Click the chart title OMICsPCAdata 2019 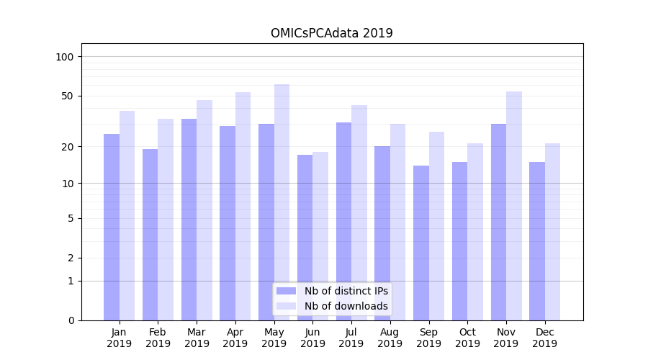coord(332,33)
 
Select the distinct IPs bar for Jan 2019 coord(112,227)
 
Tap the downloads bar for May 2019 coord(282,202)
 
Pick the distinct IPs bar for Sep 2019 coord(421,243)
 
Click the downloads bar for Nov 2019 coord(514,206)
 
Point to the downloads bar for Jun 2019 coord(320,236)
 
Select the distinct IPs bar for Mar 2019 coord(189,220)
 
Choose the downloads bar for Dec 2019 coord(552,232)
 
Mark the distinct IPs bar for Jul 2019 coord(343,221)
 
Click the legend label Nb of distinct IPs coord(346,291)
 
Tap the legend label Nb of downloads coord(346,306)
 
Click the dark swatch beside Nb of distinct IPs coord(287,291)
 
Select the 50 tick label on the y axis coord(67,96)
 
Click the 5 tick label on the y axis coord(70,218)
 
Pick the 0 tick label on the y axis coord(70,320)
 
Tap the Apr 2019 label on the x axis coord(235,338)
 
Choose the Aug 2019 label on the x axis coord(390,338)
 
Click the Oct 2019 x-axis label coord(467,338)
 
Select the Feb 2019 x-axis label coord(158,338)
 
